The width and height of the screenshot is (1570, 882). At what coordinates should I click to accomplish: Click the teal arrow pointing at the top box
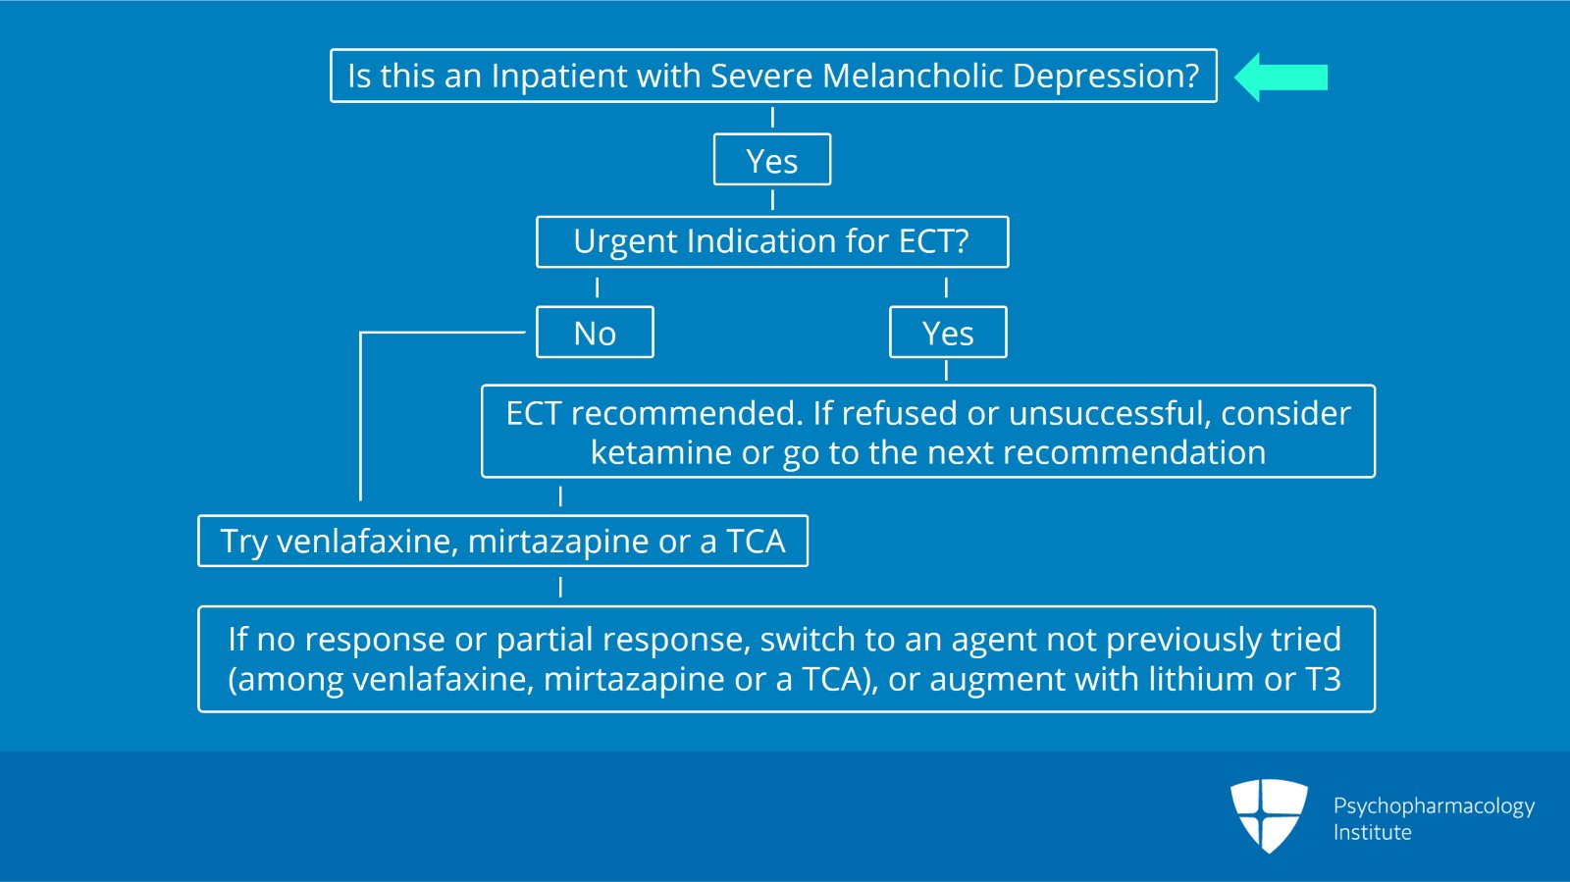1281,78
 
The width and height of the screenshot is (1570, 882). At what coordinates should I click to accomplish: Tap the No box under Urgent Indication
595,334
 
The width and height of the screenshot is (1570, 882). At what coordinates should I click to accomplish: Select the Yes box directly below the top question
772,161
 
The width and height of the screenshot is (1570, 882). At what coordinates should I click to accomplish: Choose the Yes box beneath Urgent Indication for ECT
948,334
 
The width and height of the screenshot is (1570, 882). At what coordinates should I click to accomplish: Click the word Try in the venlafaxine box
243,542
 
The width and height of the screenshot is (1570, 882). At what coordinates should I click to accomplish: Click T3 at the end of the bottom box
1323,679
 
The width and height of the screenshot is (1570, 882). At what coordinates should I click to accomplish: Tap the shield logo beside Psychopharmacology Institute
1269,814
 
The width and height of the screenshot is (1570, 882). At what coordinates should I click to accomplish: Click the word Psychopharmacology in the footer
1434,806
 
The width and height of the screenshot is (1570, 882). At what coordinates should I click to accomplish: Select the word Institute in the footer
1372,833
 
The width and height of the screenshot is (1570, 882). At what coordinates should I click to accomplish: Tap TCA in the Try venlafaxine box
756,542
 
